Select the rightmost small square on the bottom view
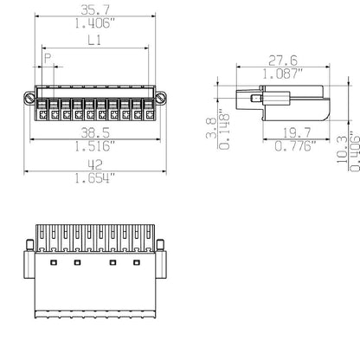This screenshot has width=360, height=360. [137, 260]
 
